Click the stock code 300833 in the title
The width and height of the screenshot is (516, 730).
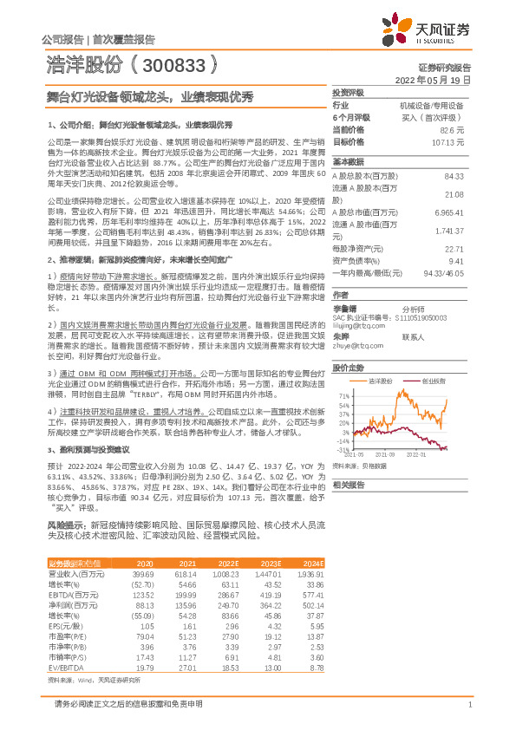coord(173,64)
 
